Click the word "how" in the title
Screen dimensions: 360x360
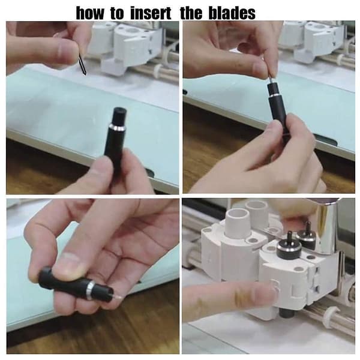coord(90,13)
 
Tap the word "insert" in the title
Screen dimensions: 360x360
coord(151,13)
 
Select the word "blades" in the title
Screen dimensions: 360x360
coord(232,13)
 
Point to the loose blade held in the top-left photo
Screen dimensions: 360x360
coord(82,64)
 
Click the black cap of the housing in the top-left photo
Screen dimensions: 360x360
coord(119,116)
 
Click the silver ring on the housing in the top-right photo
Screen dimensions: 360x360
coord(275,95)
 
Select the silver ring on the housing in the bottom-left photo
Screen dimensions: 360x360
coord(90,290)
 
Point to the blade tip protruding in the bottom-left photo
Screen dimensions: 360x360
coord(116,296)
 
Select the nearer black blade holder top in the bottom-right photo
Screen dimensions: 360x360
coord(289,248)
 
